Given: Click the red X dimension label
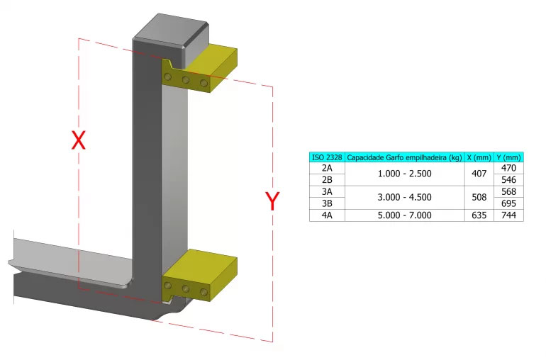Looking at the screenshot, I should point(79,140).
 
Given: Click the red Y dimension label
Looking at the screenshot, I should point(272,201).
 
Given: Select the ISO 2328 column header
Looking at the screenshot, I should point(327,157).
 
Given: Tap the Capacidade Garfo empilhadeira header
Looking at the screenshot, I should point(404,157).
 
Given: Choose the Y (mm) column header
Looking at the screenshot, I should point(508,157).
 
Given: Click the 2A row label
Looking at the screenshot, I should point(327,169).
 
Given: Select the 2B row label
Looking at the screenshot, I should point(327,180).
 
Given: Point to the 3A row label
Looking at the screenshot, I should point(327,192).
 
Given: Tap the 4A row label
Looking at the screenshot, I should point(327,215).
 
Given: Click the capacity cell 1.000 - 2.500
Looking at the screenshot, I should point(404,174).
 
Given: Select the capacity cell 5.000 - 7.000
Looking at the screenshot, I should point(404,215).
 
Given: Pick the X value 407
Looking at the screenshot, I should point(479,174).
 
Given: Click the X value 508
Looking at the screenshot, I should point(479,198).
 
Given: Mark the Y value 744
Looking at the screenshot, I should point(508,215).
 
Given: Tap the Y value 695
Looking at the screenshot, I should point(508,203).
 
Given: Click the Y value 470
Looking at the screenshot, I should point(508,169).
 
